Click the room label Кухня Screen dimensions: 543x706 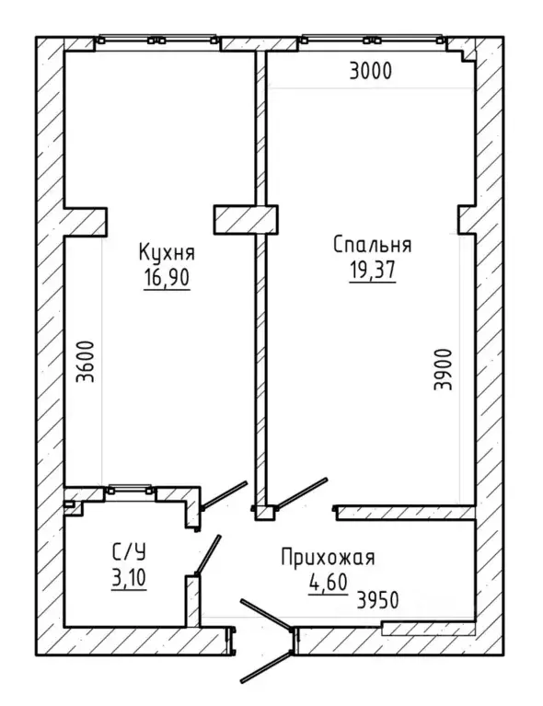click(167, 253)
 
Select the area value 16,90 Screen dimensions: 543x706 click(167, 278)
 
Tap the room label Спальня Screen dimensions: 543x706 click(373, 246)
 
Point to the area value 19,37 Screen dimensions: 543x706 click(373, 270)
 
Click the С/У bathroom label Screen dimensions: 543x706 click(128, 552)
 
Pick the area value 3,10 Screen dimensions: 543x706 click(128, 578)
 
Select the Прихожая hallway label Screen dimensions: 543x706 click(328, 558)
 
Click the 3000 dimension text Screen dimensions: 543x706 click(371, 71)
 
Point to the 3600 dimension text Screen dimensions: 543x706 click(86, 362)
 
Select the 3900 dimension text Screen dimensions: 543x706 click(443, 369)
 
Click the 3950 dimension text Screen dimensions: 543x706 click(377, 600)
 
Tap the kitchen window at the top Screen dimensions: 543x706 click(157, 40)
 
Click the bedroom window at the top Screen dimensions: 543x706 click(372, 40)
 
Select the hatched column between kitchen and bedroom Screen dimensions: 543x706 click(246, 220)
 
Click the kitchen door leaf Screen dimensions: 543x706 click(225, 495)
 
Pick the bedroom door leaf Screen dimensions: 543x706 click(301, 493)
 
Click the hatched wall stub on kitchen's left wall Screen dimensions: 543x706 click(86, 222)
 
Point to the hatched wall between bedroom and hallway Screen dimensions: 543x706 click(406, 513)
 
